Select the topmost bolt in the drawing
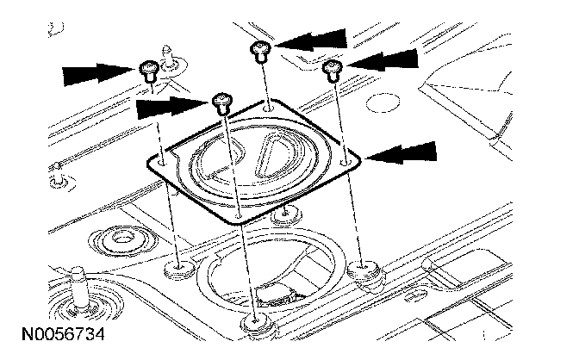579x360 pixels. [x=259, y=48]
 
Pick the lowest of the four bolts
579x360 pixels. [x=221, y=102]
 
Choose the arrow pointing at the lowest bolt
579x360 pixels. [x=172, y=109]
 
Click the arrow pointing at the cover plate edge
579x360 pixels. [x=402, y=152]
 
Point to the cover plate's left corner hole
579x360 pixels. [x=163, y=158]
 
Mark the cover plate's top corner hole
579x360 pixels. [x=270, y=107]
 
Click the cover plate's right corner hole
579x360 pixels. [x=345, y=160]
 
